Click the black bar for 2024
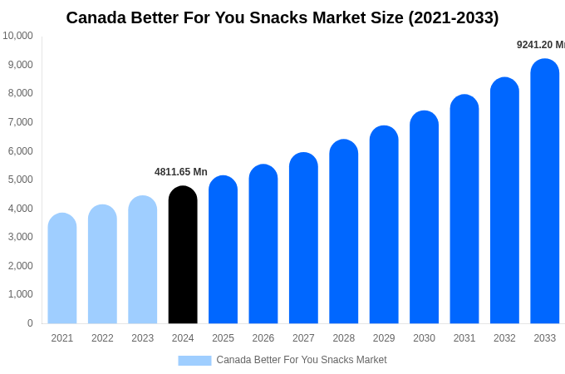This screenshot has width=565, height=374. [x=183, y=255]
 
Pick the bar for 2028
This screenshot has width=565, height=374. [x=343, y=232]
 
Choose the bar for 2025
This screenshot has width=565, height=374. [x=223, y=250]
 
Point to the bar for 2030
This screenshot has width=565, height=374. [x=424, y=217]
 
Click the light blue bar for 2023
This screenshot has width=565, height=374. [x=142, y=260]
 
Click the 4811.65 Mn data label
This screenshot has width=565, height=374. [x=181, y=172]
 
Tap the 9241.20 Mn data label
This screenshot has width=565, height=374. [x=540, y=45]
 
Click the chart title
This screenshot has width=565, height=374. [x=282, y=17]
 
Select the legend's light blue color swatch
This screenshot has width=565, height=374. [x=194, y=361]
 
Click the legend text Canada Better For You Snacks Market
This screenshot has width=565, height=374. [x=302, y=360]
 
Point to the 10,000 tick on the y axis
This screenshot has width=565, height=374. [x=17, y=36]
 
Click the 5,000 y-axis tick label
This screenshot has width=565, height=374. [x=17, y=180]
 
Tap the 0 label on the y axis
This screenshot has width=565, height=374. [x=30, y=323]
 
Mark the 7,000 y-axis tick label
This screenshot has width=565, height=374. [x=17, y=122]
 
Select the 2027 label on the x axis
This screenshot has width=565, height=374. [x=303, y=338]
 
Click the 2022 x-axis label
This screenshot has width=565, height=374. [x=102, y=338]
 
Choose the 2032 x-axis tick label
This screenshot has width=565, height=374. [x=504, y=338]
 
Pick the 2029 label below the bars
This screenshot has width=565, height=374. [x=384, y=338]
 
